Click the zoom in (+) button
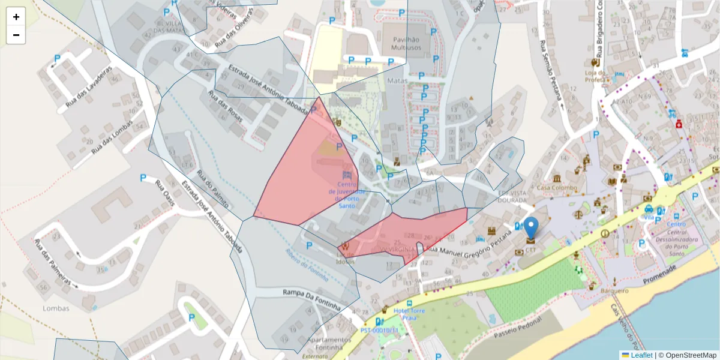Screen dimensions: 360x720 [x=16, y=17]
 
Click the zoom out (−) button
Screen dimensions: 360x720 [x=16, y=35]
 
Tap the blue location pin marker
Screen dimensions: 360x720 [x=531, y=228]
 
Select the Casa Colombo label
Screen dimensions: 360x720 [x=556, y=188]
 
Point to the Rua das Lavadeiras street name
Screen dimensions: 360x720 [x=91, y=85]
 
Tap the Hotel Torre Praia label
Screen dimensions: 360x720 [x=409, y=314]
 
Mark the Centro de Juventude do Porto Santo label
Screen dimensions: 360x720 [x=343, y=195]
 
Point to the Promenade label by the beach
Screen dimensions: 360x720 [x=659, y=274]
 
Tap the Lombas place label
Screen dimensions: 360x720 [x=56, y=308]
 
